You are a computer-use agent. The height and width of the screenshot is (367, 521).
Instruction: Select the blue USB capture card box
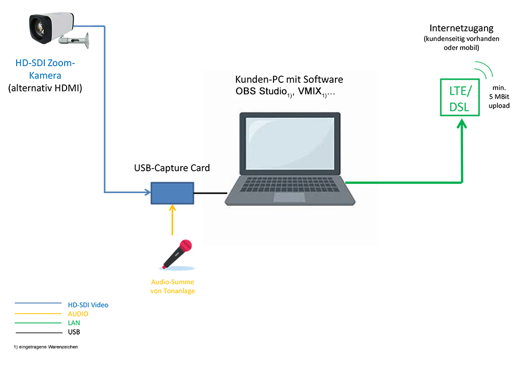point(172,193)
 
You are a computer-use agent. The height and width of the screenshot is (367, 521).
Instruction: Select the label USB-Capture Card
point(172,168)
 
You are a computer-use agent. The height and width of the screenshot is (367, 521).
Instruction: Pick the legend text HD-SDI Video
point(88,305)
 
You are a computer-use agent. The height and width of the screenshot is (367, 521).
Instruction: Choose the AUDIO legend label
point(78,314)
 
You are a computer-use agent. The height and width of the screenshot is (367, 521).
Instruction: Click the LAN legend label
point(74,323)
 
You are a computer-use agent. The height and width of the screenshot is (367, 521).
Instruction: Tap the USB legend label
point(74,332)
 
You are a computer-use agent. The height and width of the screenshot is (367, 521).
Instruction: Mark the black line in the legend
point(38,332)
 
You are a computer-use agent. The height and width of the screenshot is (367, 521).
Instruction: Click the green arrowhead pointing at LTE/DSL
point(461,125)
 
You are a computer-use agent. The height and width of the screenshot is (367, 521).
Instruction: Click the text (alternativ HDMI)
point(46,88)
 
